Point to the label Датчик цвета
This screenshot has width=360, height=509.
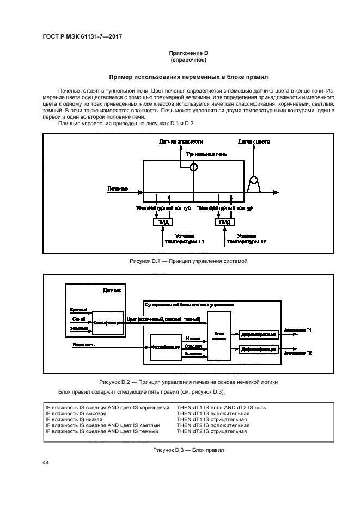click(x=253, y=142)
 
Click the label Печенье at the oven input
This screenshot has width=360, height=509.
click(x=118, y=189)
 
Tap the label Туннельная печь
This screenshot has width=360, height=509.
click(x=206, y=155)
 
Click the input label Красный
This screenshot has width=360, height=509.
click(x=79, y=309)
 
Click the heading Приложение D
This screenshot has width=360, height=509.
click(x=180, y=52)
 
